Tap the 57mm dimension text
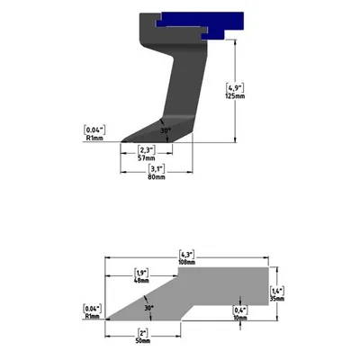[147, 157]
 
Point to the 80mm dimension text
[157, 177]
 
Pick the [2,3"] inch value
[147, 149]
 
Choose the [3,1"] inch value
[157, 169]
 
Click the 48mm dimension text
[141, 281]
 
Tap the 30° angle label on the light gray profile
[148, 307]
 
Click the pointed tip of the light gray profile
[109, 319]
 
